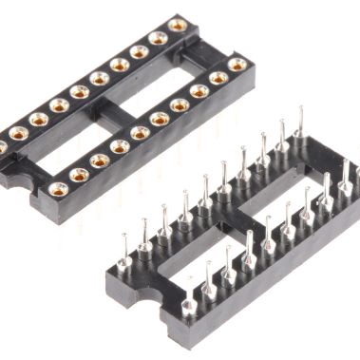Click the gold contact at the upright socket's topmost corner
[x=177, y=25]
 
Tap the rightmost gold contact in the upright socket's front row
[x=238, y=65]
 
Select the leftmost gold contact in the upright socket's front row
[x=58, y=189]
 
